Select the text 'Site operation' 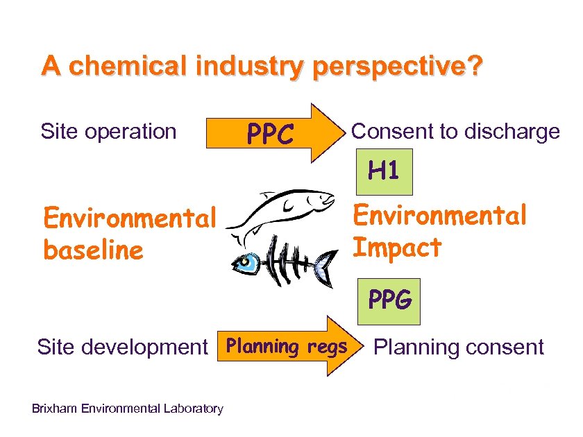[109, 131]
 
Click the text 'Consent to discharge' [456, 131]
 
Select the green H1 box [384, 170]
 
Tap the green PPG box [389, 301]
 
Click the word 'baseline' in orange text [93, 250]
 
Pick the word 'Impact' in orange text [397, 248]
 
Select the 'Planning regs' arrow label [287, 346]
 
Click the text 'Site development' [122, 347]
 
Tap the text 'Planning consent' [459, 347]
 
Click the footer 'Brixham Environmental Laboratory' [128, 409]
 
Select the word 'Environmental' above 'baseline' [130, 219]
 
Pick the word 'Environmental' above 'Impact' [440, 216]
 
